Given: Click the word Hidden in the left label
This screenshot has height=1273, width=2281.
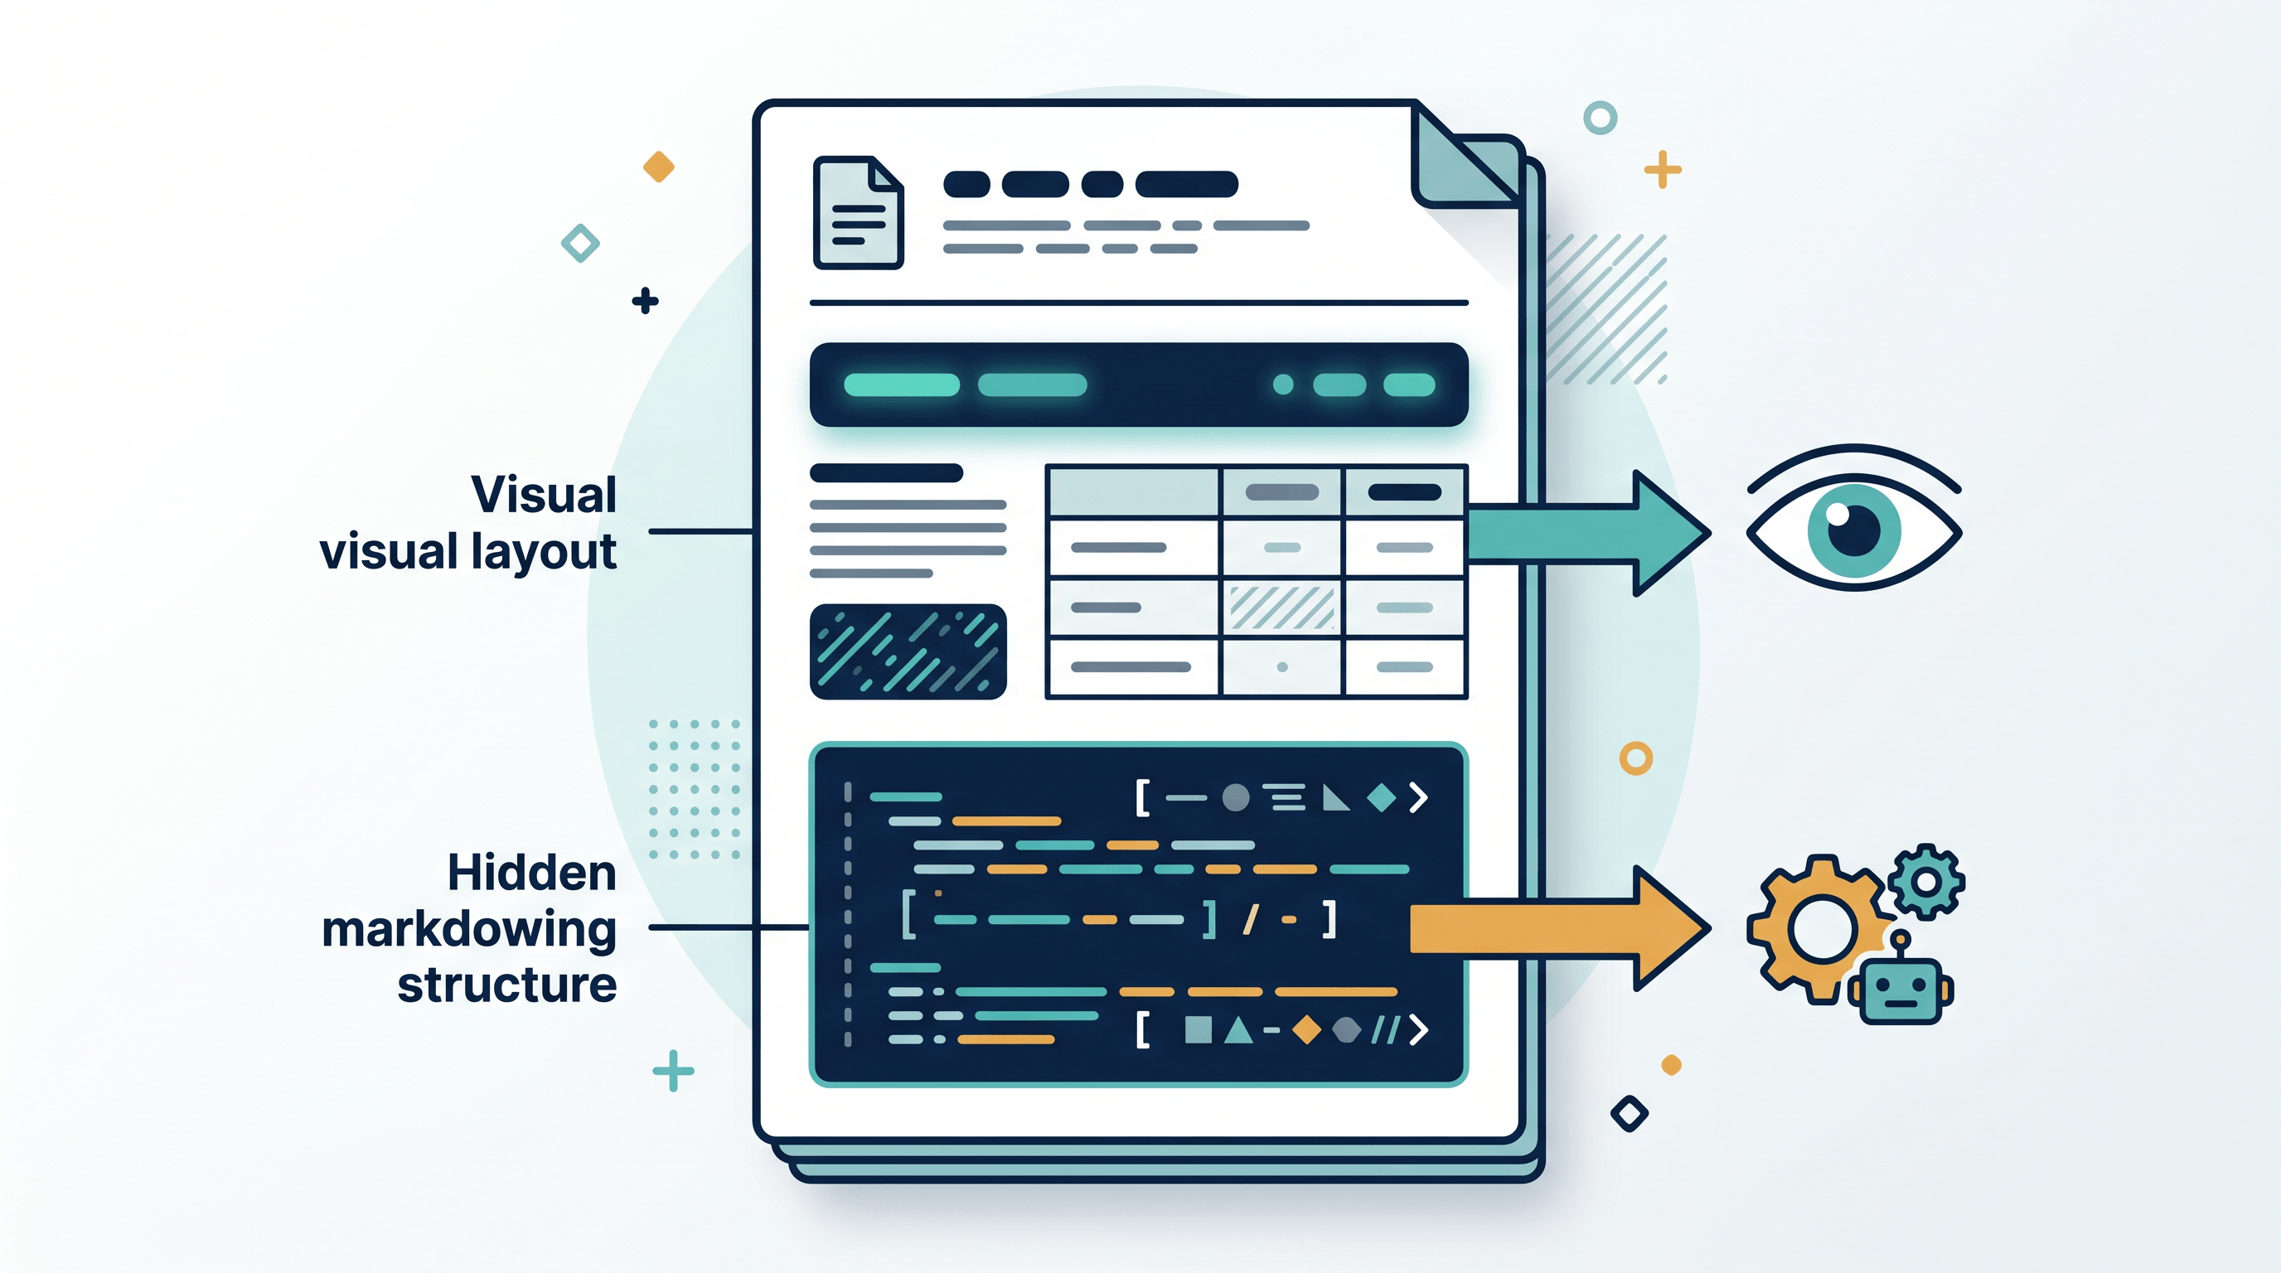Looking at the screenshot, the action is coord(531,873).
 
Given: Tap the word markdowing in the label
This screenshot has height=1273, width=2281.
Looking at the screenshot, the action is coord(469,931).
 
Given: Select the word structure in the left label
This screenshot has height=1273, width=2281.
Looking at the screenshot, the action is coord(506,985).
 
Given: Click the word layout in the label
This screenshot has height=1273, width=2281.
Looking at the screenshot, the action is coord(543,553).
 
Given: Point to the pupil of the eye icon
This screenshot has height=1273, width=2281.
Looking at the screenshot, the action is coord(1853,530).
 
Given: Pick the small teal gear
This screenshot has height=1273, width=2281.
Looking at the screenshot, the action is coord(1926,881).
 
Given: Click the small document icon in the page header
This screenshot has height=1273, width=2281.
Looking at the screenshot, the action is coord(858,212).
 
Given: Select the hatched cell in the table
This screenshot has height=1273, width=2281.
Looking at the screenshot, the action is coord(1282,607).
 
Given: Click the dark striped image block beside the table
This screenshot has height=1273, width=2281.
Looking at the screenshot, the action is coord(908,651).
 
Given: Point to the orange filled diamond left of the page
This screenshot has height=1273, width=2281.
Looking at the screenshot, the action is coord(659,167).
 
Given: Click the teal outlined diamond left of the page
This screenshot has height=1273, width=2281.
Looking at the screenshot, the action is coord(580,243).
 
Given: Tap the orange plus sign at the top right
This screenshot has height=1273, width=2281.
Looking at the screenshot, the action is coord(1663,169).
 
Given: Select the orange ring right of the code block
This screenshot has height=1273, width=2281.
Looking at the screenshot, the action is coord(1636,758).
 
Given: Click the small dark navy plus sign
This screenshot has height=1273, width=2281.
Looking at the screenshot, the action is coord(646,301).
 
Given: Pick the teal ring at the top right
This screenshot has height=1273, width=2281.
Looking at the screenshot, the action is coord(1600,118).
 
